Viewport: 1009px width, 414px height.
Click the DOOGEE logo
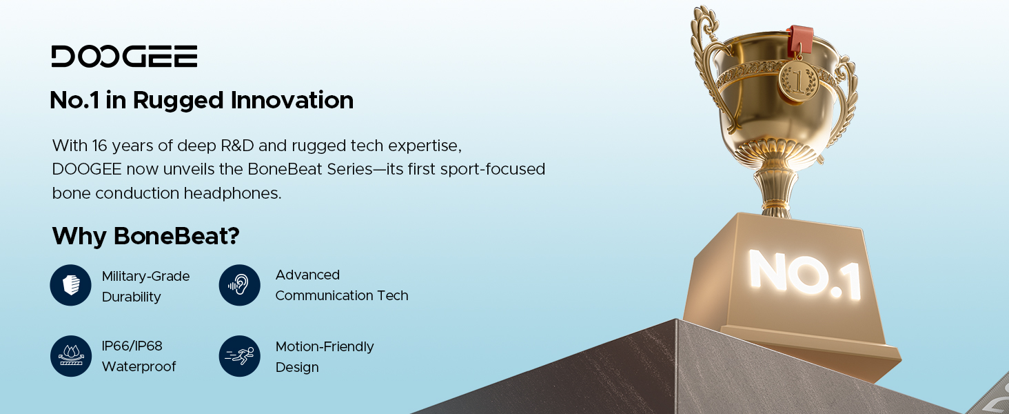pos(124,57)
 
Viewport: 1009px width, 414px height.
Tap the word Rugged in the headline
pos(178,101)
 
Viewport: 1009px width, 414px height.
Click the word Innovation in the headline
pos(292,100)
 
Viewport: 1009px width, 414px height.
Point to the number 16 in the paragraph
pos(99,146)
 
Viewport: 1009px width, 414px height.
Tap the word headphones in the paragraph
pos(232,193)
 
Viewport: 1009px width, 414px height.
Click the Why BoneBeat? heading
pos(145,236)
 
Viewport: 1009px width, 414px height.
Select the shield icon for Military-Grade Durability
pos(71,285)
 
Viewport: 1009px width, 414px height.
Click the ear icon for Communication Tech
pos(240,285)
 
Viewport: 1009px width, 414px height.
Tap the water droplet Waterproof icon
pos(71,356)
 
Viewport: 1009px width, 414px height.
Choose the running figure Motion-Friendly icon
pos(240,356)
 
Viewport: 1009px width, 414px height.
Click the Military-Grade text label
pos(145,277)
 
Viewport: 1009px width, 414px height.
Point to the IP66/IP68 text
pos(132,346)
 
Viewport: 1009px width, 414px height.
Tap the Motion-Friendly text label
pos(325,347)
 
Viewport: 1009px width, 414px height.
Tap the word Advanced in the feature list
pos(307,275)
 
